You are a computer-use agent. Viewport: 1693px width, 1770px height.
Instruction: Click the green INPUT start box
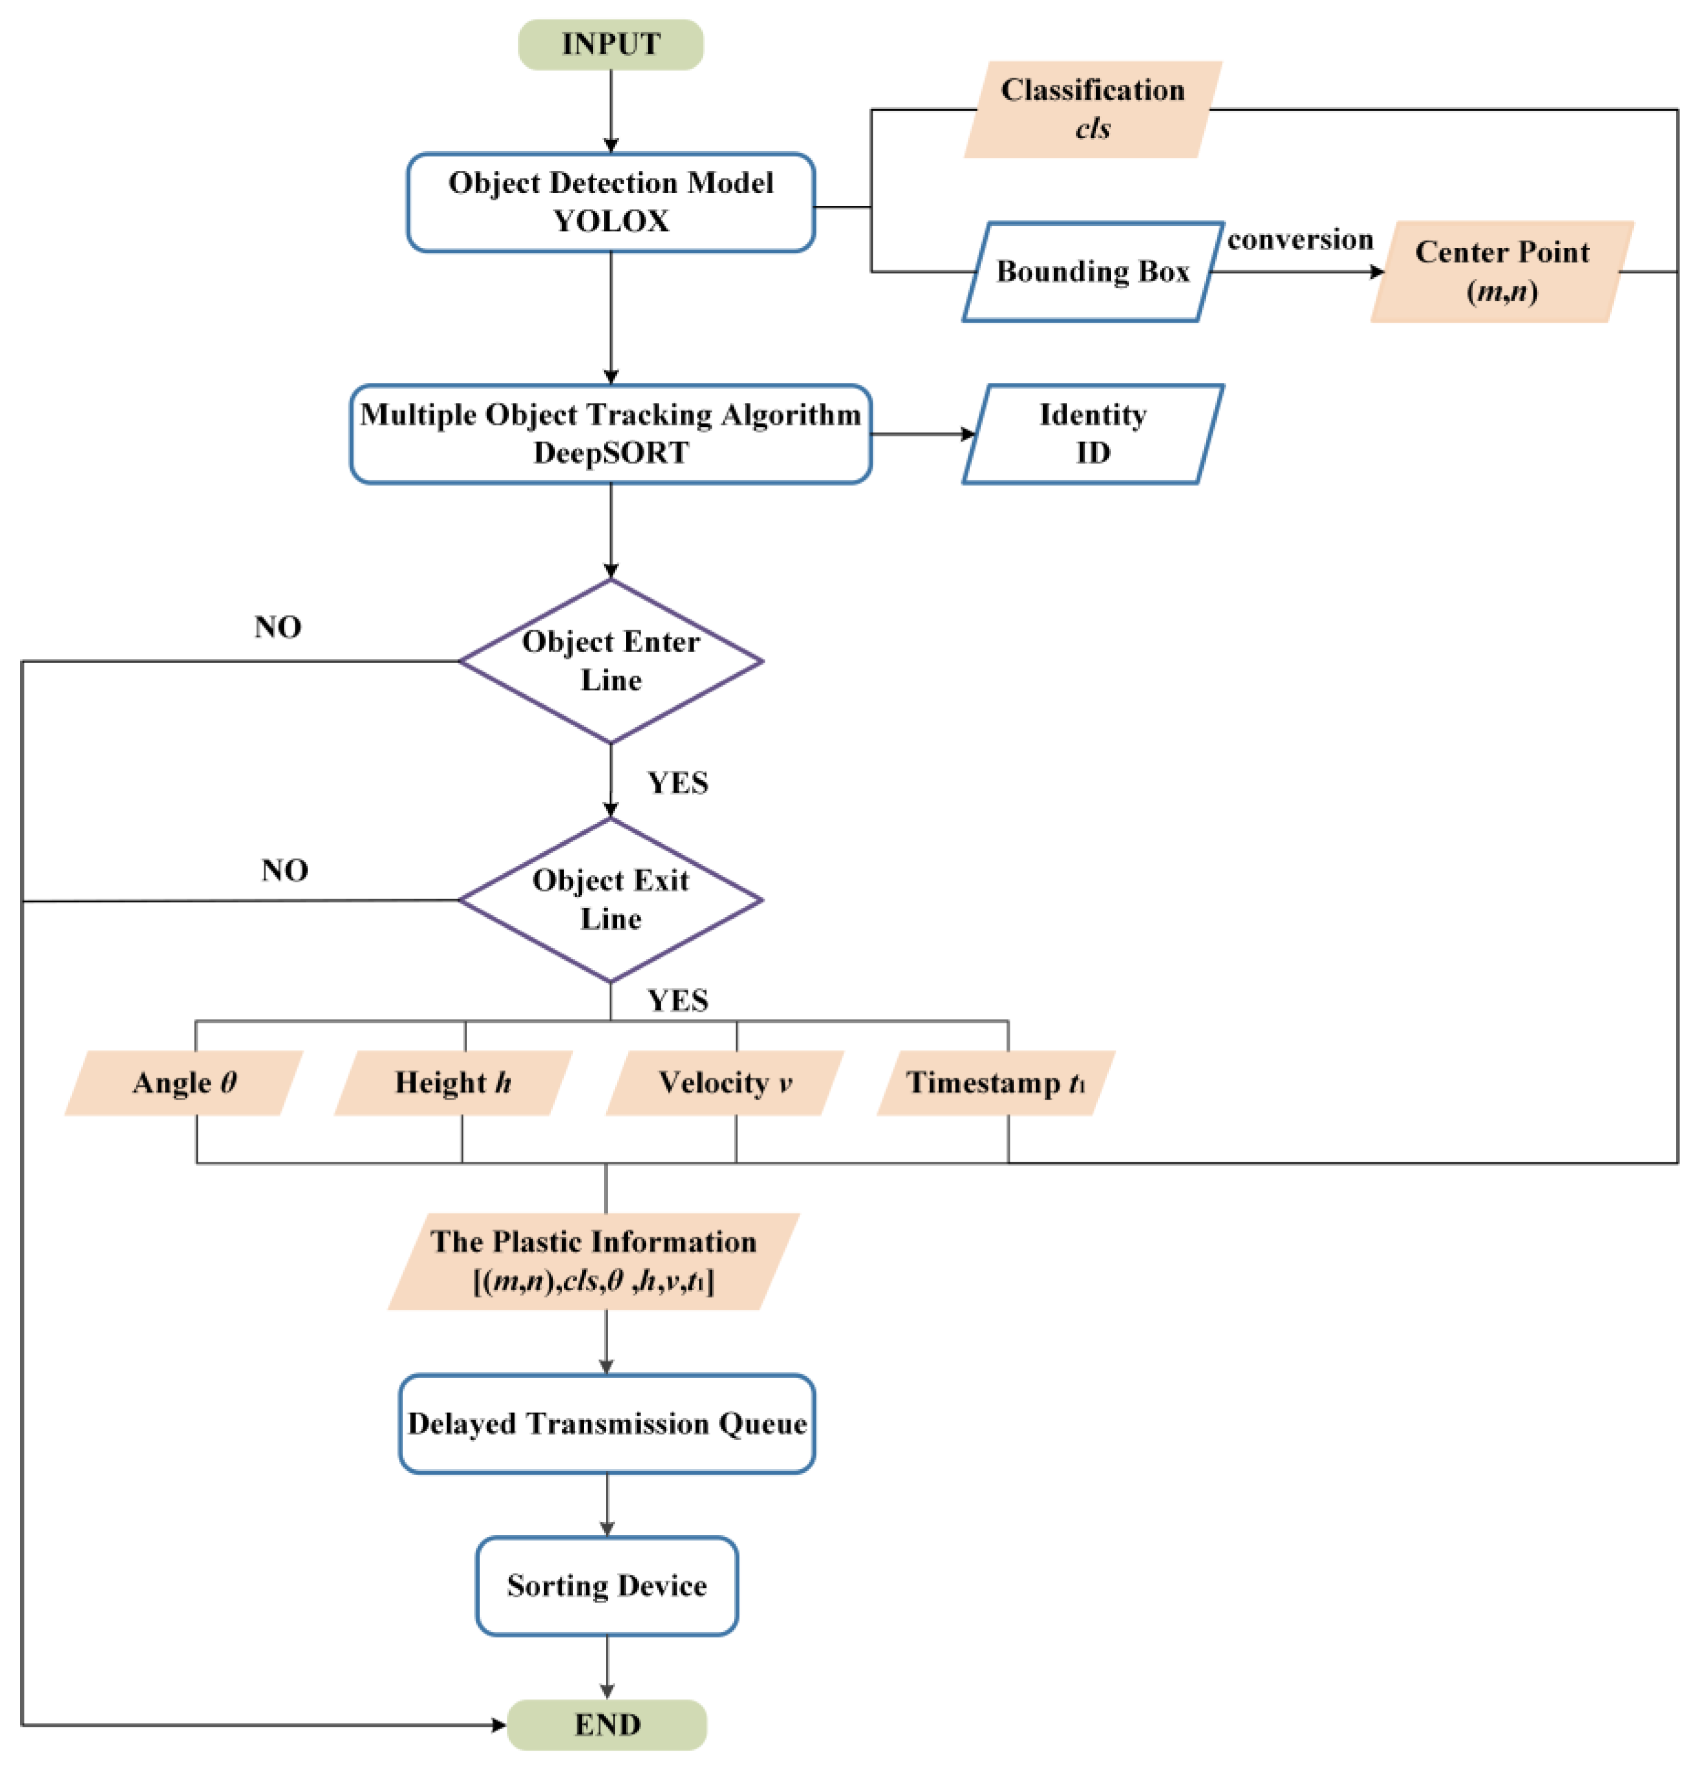tap(610, 44)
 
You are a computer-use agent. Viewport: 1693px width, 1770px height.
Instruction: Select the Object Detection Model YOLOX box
tap(610, 202)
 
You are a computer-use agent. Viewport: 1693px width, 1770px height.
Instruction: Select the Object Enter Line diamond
tap(610, 661)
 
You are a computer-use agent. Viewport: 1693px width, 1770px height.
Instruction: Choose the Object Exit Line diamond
tap(610, 899)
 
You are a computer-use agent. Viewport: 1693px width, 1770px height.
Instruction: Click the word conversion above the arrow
tap(1300, 239)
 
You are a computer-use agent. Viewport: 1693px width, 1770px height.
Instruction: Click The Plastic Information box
tap(593, 1260)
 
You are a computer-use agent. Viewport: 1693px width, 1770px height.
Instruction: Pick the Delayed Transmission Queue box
tap(607, 1423)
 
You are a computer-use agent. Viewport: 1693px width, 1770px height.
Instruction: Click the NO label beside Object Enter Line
tap(277, 627)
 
